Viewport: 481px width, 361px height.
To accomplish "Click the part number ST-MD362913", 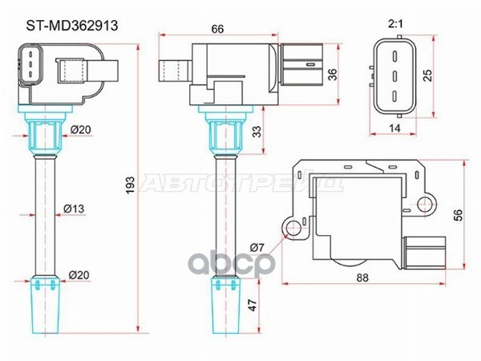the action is [x=72, y=26].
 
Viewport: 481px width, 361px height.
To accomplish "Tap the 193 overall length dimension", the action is [x=131, y=185].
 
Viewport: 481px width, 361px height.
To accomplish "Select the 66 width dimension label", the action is [x=218, y=29].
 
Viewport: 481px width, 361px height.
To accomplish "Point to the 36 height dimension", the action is [x=332, y=75].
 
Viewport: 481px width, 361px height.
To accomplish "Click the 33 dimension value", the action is [x=258, y=132].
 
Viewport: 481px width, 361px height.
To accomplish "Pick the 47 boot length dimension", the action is [x=253, y=305].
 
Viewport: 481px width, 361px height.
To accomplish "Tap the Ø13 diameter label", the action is [x=74, y=209].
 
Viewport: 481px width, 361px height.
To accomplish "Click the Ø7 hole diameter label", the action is [x=257, y=247].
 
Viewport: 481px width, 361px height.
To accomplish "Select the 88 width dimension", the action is [x=362, y=278].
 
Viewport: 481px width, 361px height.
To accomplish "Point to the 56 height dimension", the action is [x=457, y=215].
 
